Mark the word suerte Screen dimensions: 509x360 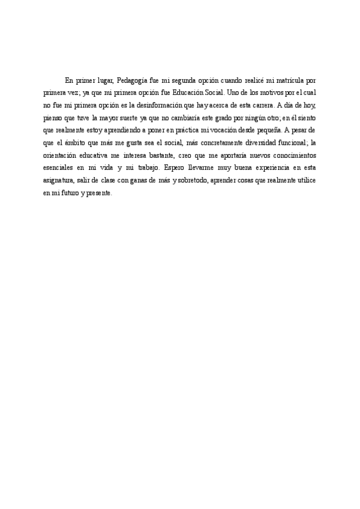(x=126, y=118)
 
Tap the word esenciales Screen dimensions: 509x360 (x=59, y=169)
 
